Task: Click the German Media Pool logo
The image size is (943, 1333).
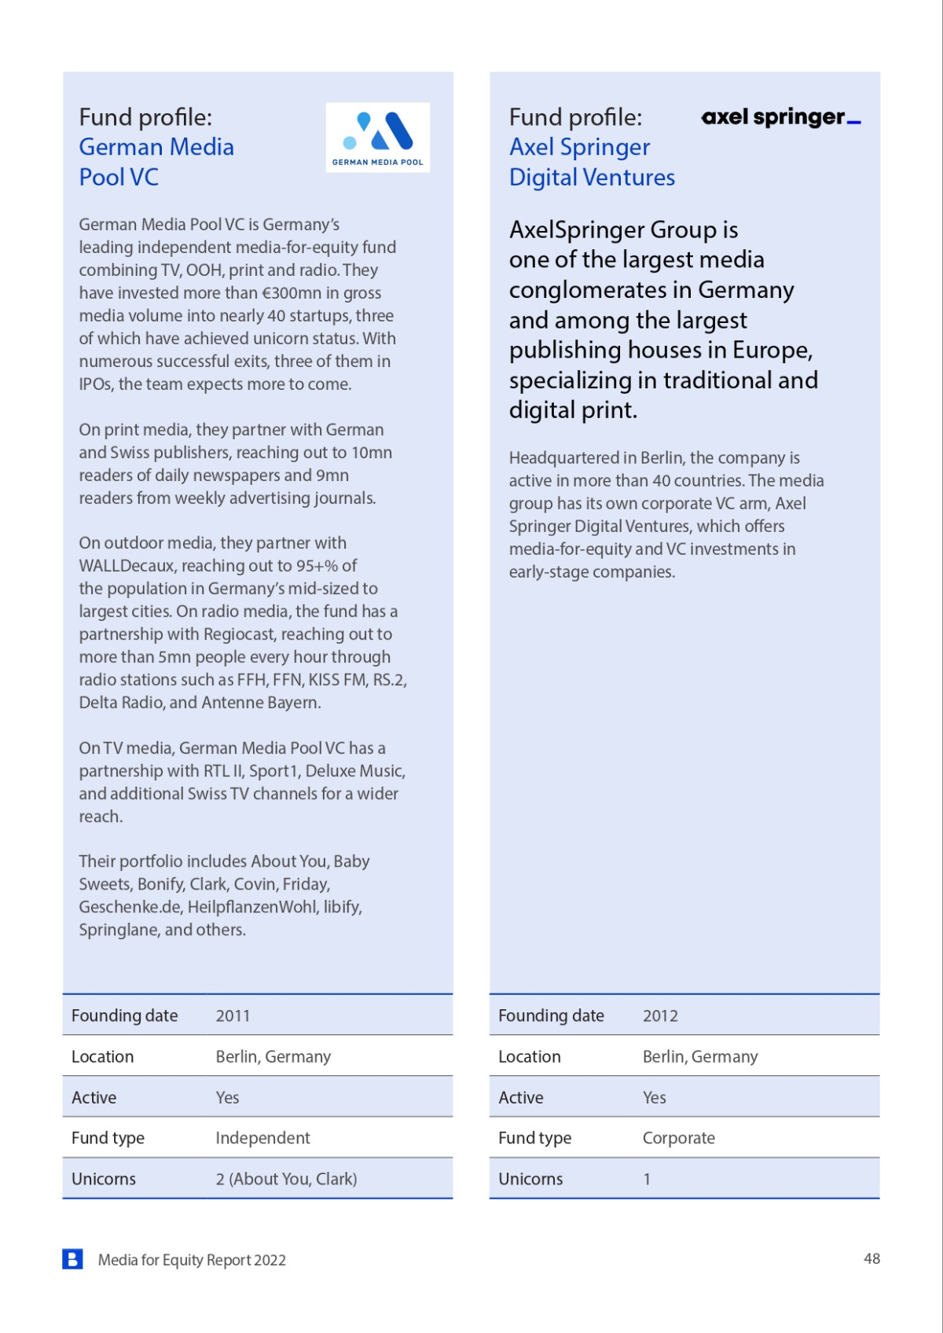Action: point(378,137)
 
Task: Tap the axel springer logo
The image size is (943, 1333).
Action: point(780,118)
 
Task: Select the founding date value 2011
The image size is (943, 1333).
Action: point(233,1015)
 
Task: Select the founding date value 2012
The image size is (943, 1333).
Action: point(660,1015)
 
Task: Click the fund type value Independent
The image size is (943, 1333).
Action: point(262,1138)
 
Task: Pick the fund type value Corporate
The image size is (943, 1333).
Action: point(678,1138)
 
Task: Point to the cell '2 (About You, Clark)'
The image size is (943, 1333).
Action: point(286,1179)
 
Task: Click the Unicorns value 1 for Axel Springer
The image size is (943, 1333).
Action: point(647,1179)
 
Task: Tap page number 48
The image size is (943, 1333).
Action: point(871,1258)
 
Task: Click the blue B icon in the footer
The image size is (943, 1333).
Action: point(72,1259)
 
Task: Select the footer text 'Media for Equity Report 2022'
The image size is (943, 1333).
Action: point(192,1260)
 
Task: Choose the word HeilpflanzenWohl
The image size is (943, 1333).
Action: point(252,907)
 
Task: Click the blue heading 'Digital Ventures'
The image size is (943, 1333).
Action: point(592,178)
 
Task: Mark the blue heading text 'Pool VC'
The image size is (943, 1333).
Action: point(119,178)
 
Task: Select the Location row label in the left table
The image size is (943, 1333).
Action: point(102,1056)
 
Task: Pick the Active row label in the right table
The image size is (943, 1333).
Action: point(520,1097)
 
